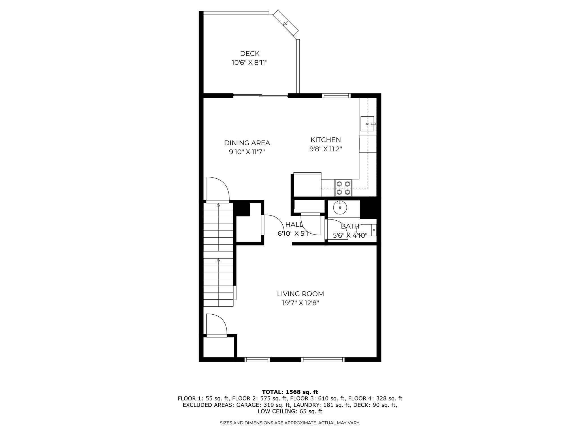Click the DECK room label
(250, 54)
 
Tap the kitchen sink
(367, 124)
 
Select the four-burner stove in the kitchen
(343, 188)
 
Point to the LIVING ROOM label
(300, 294)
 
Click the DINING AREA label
(247, 143)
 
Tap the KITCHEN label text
(326, 140)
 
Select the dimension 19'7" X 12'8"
(300, 303)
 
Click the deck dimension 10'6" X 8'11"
(250, 63)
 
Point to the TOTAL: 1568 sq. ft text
(290, 392)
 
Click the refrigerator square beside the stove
(307, 184)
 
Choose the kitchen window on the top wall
(336, 96)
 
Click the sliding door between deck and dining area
(260, 96)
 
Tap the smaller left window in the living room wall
(257, 360)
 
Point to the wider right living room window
(323, 360)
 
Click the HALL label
(294, 225)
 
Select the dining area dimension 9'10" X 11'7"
(247, 152)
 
